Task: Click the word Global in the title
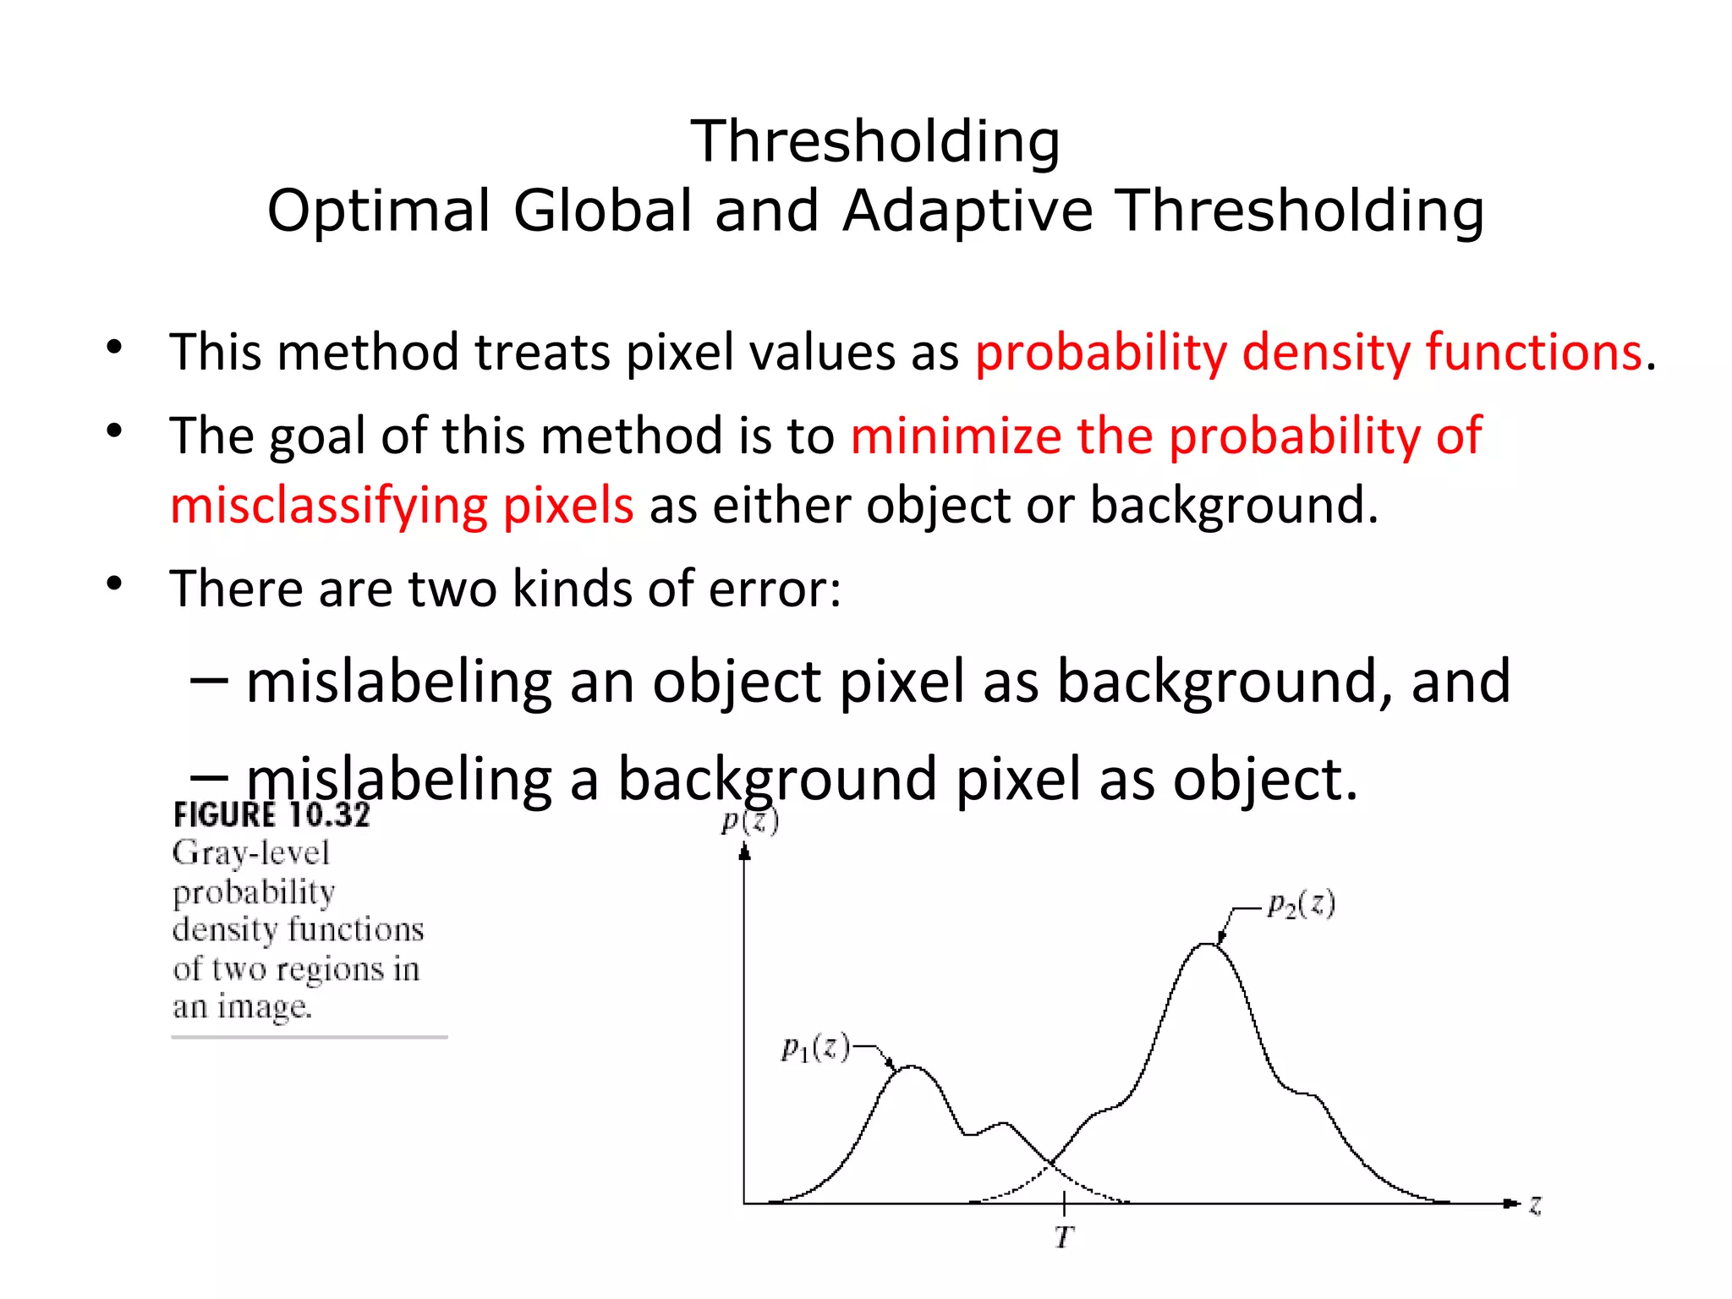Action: click(603, 211)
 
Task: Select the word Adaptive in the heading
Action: click(967, 211)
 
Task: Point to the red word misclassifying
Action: click(328, 506)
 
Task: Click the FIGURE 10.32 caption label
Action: click(271, 815)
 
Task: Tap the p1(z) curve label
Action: click(814, 1049)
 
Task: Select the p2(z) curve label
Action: click(1301, 905)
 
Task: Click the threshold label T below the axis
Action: click(1064, 1237)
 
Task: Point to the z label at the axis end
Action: click(1535, 1204)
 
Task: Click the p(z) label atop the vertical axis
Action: click(749, 820)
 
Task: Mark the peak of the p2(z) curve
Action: click(1207, 944)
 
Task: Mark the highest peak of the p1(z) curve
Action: click(911, 1066)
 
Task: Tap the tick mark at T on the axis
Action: click(1064, 1202)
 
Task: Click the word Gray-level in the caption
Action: click(251, 853)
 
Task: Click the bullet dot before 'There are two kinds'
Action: click(115, 584)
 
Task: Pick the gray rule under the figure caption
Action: click(310, 1037)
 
